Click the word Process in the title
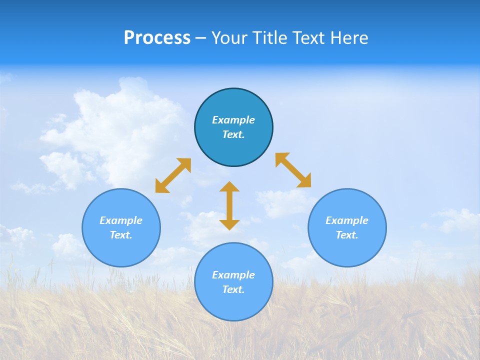click(157, 38)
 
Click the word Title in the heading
click(269, 38)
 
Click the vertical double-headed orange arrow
click(229, 205)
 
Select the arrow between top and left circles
click(173, 175)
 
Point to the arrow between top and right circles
click(293, 170)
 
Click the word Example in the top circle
click(233, 120)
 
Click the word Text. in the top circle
click(233, 134)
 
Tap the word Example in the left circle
click(121, 220)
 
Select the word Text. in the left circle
click(121, 235)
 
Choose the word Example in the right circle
click(347, 220)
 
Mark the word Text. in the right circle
click(347, 235)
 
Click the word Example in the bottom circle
click(233, 275)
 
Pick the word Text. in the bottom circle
click(233, 289)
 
